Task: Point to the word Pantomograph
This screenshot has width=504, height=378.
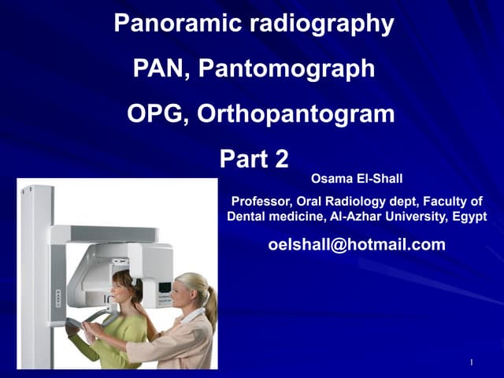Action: click(287, 69)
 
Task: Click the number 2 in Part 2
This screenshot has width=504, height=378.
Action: click(280, 160)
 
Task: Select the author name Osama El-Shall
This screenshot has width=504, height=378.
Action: click(357, 180)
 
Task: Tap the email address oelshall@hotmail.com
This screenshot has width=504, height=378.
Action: click(357, 245)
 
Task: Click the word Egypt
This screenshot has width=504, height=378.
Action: click(469, 216)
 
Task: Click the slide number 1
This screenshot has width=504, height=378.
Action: click(469, 362)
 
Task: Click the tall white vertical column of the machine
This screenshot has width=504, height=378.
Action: click(36, 276)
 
